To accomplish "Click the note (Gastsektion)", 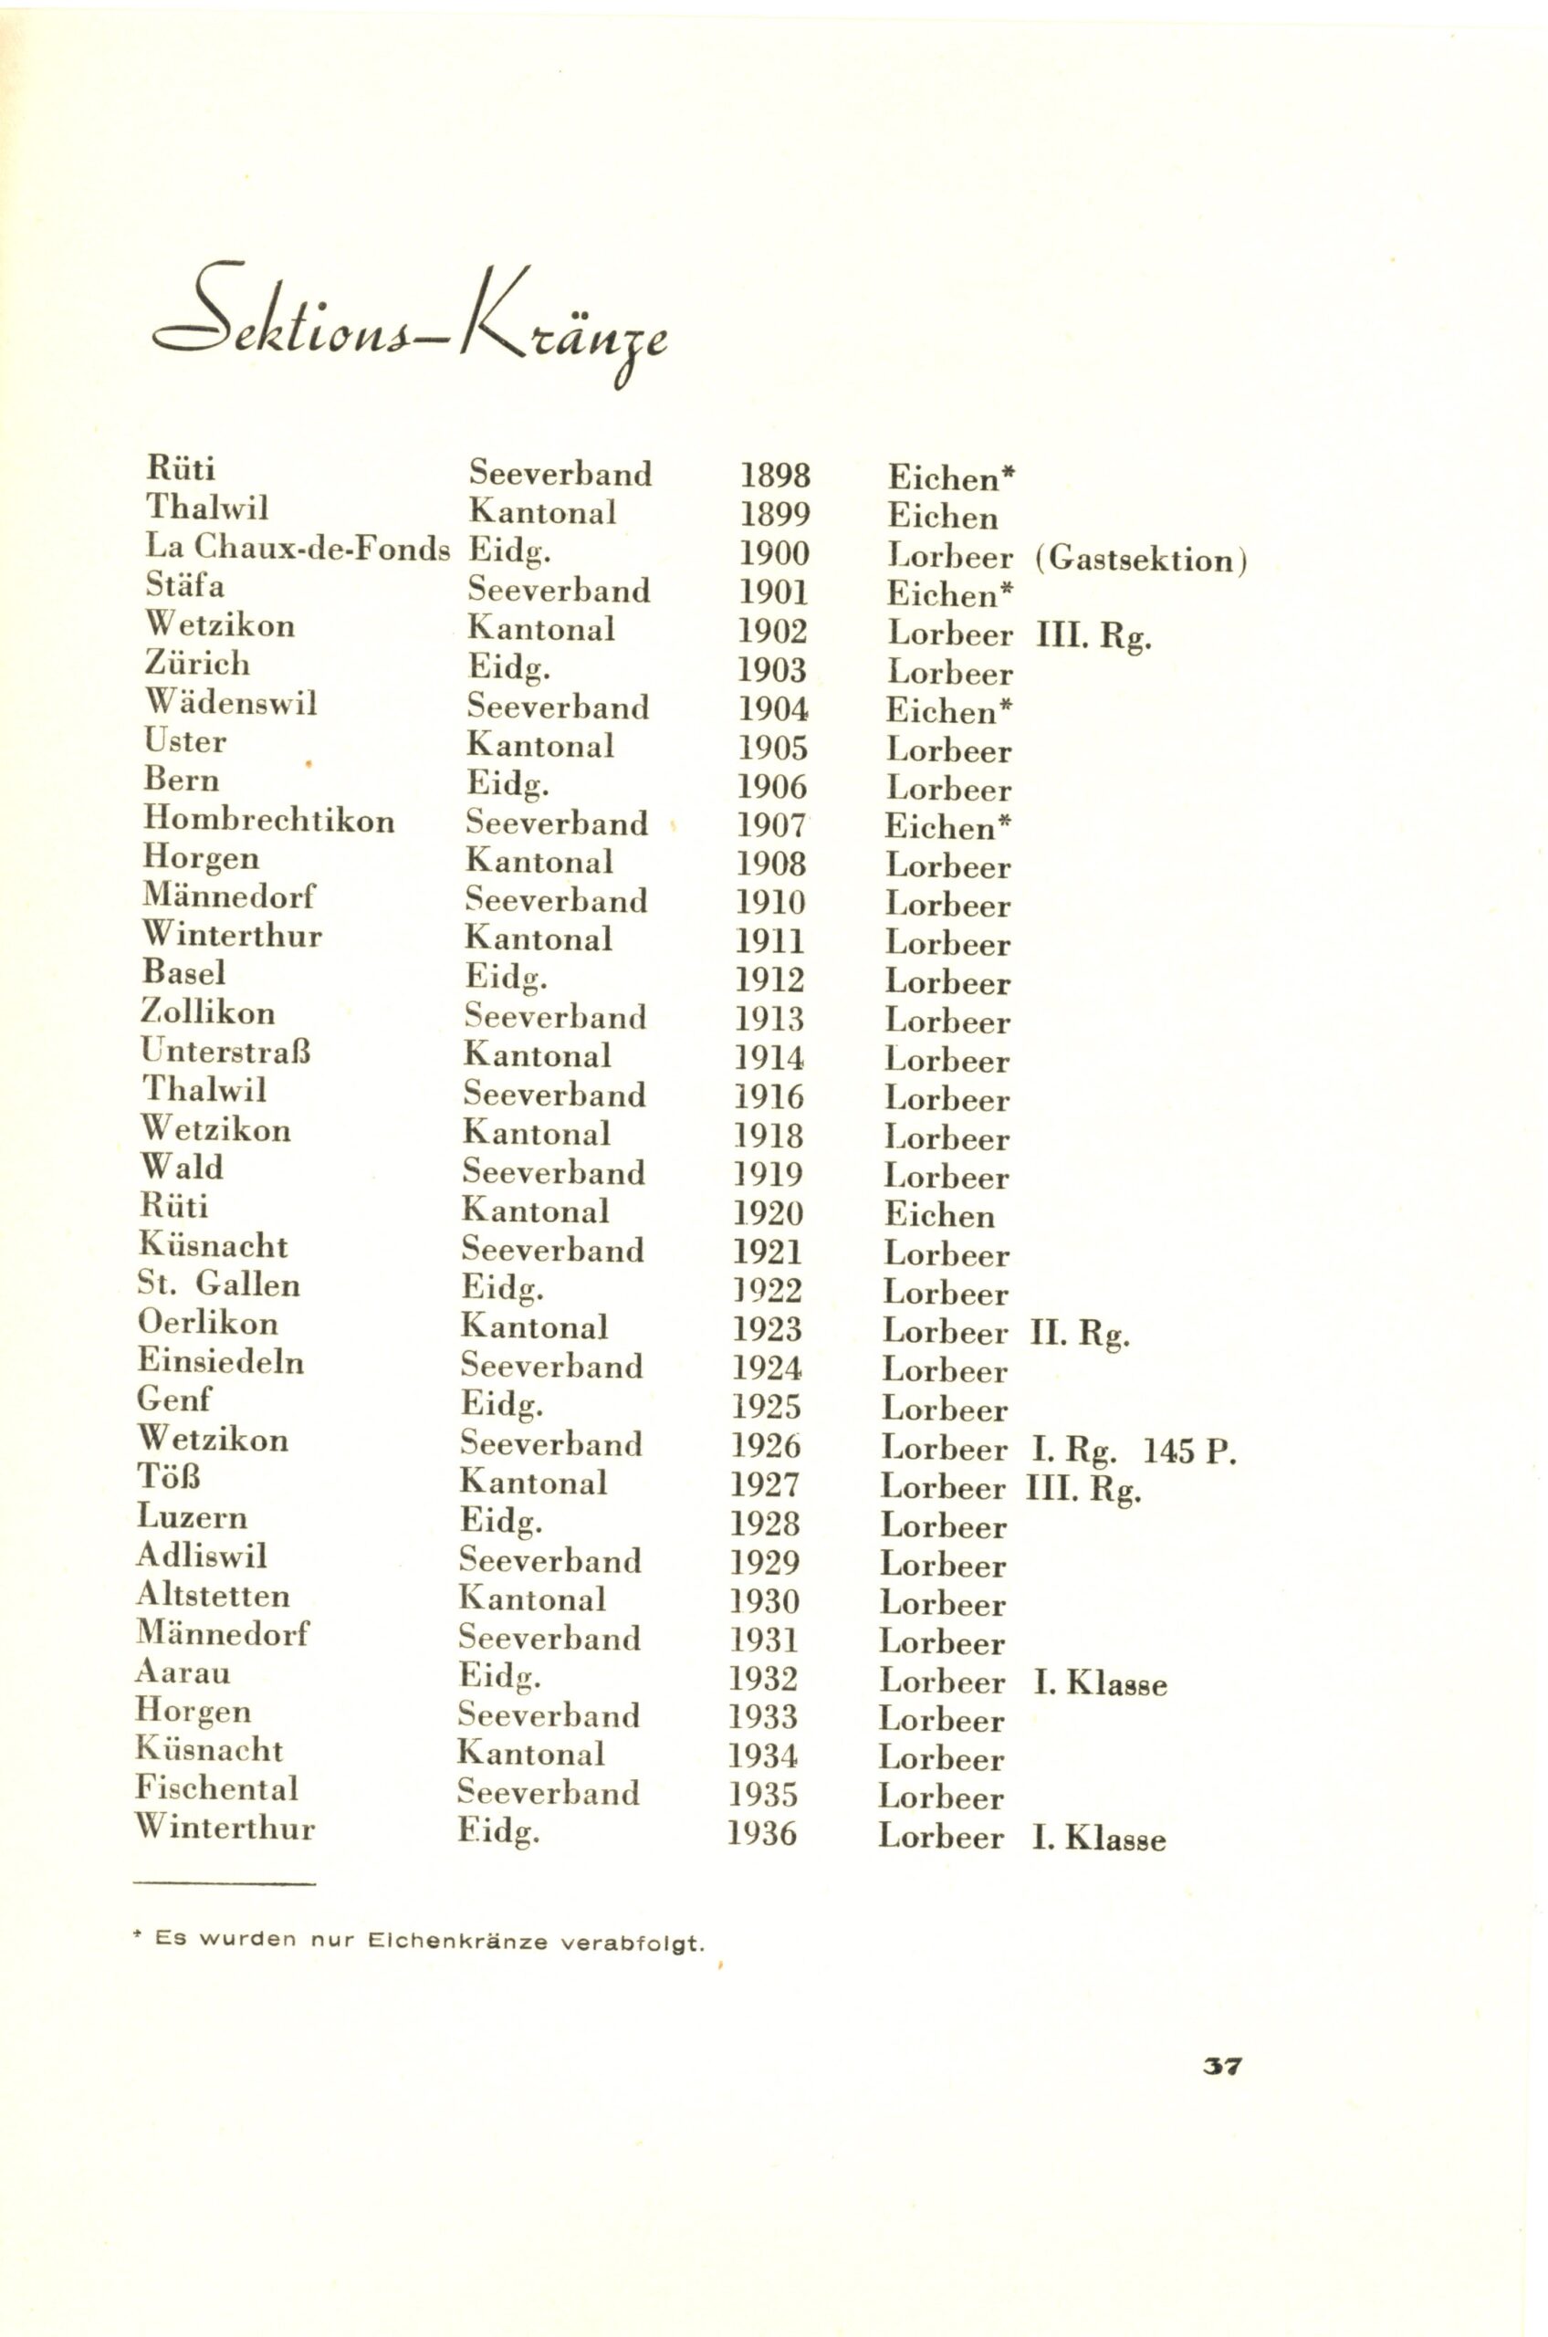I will click(1141, 560).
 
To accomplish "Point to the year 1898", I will click(775, 476).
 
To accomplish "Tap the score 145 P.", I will click(1188, 1451).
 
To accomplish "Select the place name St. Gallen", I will click(218, 1284).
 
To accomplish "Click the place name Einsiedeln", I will click(220, 1363).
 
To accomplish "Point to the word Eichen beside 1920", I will click(939, 1214).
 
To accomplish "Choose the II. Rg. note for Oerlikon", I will click(1079, 1334).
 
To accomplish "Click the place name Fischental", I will click(216, 1789).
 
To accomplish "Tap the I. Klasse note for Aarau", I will click(1100, 1683).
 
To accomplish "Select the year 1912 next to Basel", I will click(770, 980).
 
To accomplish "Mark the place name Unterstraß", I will click(226, 1051).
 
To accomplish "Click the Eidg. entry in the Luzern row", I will click(500, 1522).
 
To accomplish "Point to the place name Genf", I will click(174, 1400).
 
